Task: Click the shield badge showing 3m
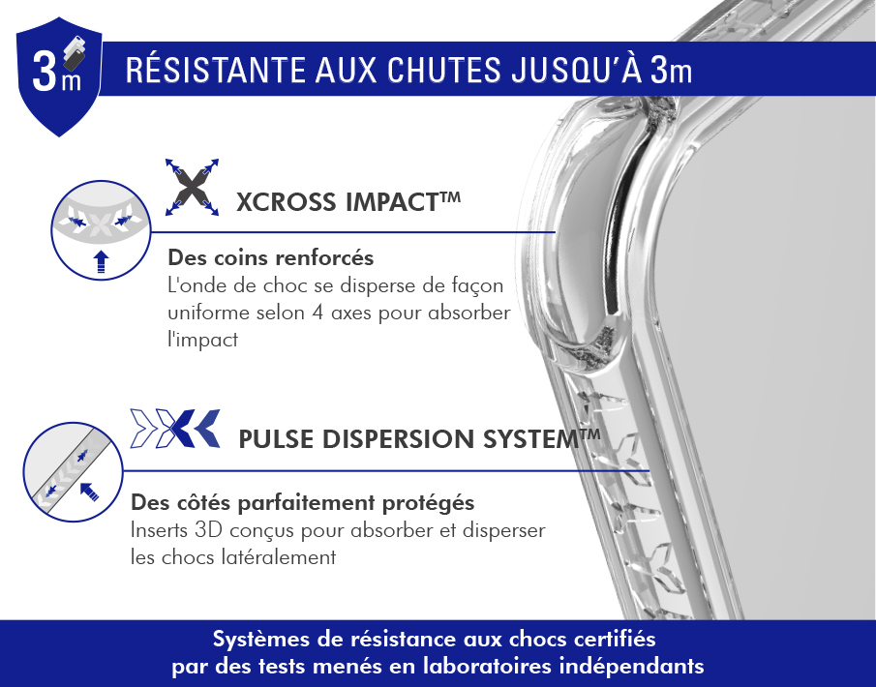pyautogui.click(x=59, y=76)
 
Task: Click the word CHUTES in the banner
pyautogui.click(x=444, y=71)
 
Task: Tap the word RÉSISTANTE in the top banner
pyautogui.click(x=216, y=70)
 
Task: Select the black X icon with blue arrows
pyautogui.click(x=192, y=187)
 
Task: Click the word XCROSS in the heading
pyautogui.click(x=287, y=202)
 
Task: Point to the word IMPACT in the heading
pyautogui.click(x=392, y=202)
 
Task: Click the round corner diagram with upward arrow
pyautogui.click(x=101, y=229)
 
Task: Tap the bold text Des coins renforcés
pyautogui.click(x=271, y=257)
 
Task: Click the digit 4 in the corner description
pyautogui.click(x=317, y=313)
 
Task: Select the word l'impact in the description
pyautogui.click(x=203, y=340)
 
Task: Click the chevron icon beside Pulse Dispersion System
pyautogui.click(x=175, y=429)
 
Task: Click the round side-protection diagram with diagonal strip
pyautogui.click(x=73, y=472)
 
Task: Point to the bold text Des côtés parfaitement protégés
pyautogui.click(x=302, y=503)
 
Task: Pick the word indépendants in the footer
pyautogui.click(x=631, y=667)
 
